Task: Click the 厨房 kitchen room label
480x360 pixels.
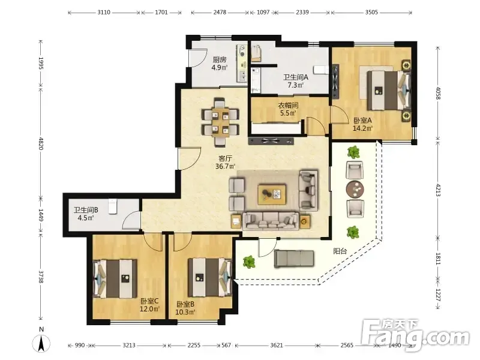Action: pos(220,59)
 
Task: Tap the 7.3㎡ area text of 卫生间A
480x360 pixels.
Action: pos(295,85)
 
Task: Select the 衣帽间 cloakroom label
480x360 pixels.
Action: pos(288,106)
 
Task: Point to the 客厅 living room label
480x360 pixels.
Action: pos(225,158)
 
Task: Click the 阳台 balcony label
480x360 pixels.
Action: pos(340,251)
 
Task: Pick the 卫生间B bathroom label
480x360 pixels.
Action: pos(86,210)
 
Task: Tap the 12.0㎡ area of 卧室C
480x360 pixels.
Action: pos(149,309)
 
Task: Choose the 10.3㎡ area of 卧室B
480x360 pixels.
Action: pos(185,312)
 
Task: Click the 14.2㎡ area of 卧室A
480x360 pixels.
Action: pos(362,128)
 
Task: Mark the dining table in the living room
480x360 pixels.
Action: pos(220,122)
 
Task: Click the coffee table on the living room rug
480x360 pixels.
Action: pos(272,194)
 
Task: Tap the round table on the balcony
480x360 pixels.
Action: pos(355,190)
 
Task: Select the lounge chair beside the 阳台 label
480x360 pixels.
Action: pos(293,259)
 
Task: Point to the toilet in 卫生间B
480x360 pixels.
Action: pos(113,206)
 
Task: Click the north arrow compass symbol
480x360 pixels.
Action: pos(41,344)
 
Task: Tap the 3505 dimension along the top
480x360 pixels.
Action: pos(371,12)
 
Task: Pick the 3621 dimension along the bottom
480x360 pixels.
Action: pos(277,346)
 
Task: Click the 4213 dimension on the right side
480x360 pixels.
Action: pos(438,190)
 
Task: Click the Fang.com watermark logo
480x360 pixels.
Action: pos(415,335)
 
